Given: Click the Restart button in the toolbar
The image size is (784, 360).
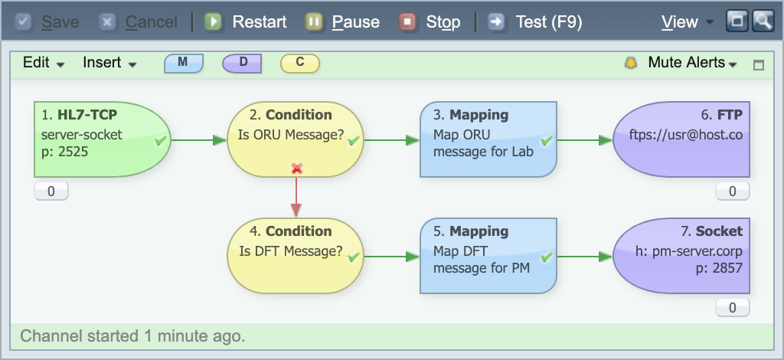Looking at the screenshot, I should click(x=246, y=22).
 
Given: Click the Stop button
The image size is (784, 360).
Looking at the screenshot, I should click(x=430, y=22).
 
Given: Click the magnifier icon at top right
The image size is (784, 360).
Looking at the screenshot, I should click(x=763, y=21).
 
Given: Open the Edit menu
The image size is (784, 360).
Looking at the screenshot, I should click(x=43, y=63).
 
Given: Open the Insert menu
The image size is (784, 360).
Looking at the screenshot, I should click(x=109, y=63).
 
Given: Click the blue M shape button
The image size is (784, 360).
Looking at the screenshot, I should click(x=184, y=63).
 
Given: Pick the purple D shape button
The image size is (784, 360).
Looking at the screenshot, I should click(x=242, y=63).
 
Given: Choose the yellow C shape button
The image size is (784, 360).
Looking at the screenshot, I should click(x=300, y=63).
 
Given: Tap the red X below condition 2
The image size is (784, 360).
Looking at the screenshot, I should click(x=297, y=168).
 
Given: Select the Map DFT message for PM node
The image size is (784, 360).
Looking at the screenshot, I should click(x=488, y=256).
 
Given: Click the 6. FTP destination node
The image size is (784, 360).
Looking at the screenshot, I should click(x=681, y=139).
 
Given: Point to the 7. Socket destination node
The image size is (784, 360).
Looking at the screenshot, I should click(x=681, y=256).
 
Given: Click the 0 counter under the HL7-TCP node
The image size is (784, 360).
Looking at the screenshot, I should click(x=51, y=191).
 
